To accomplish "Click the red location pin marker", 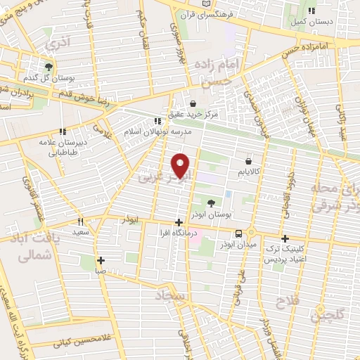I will click(x=180, y=165).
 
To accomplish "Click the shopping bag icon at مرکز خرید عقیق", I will click(x=193, y=103).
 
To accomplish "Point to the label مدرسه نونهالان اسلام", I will click(x=153, y=131).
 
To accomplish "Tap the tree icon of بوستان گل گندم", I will click(x=48, y=67).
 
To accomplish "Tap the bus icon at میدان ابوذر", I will click(x=239, y=233).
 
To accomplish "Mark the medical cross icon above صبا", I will click(x=101, y=260).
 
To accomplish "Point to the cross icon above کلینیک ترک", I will click(x=285, y=238).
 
